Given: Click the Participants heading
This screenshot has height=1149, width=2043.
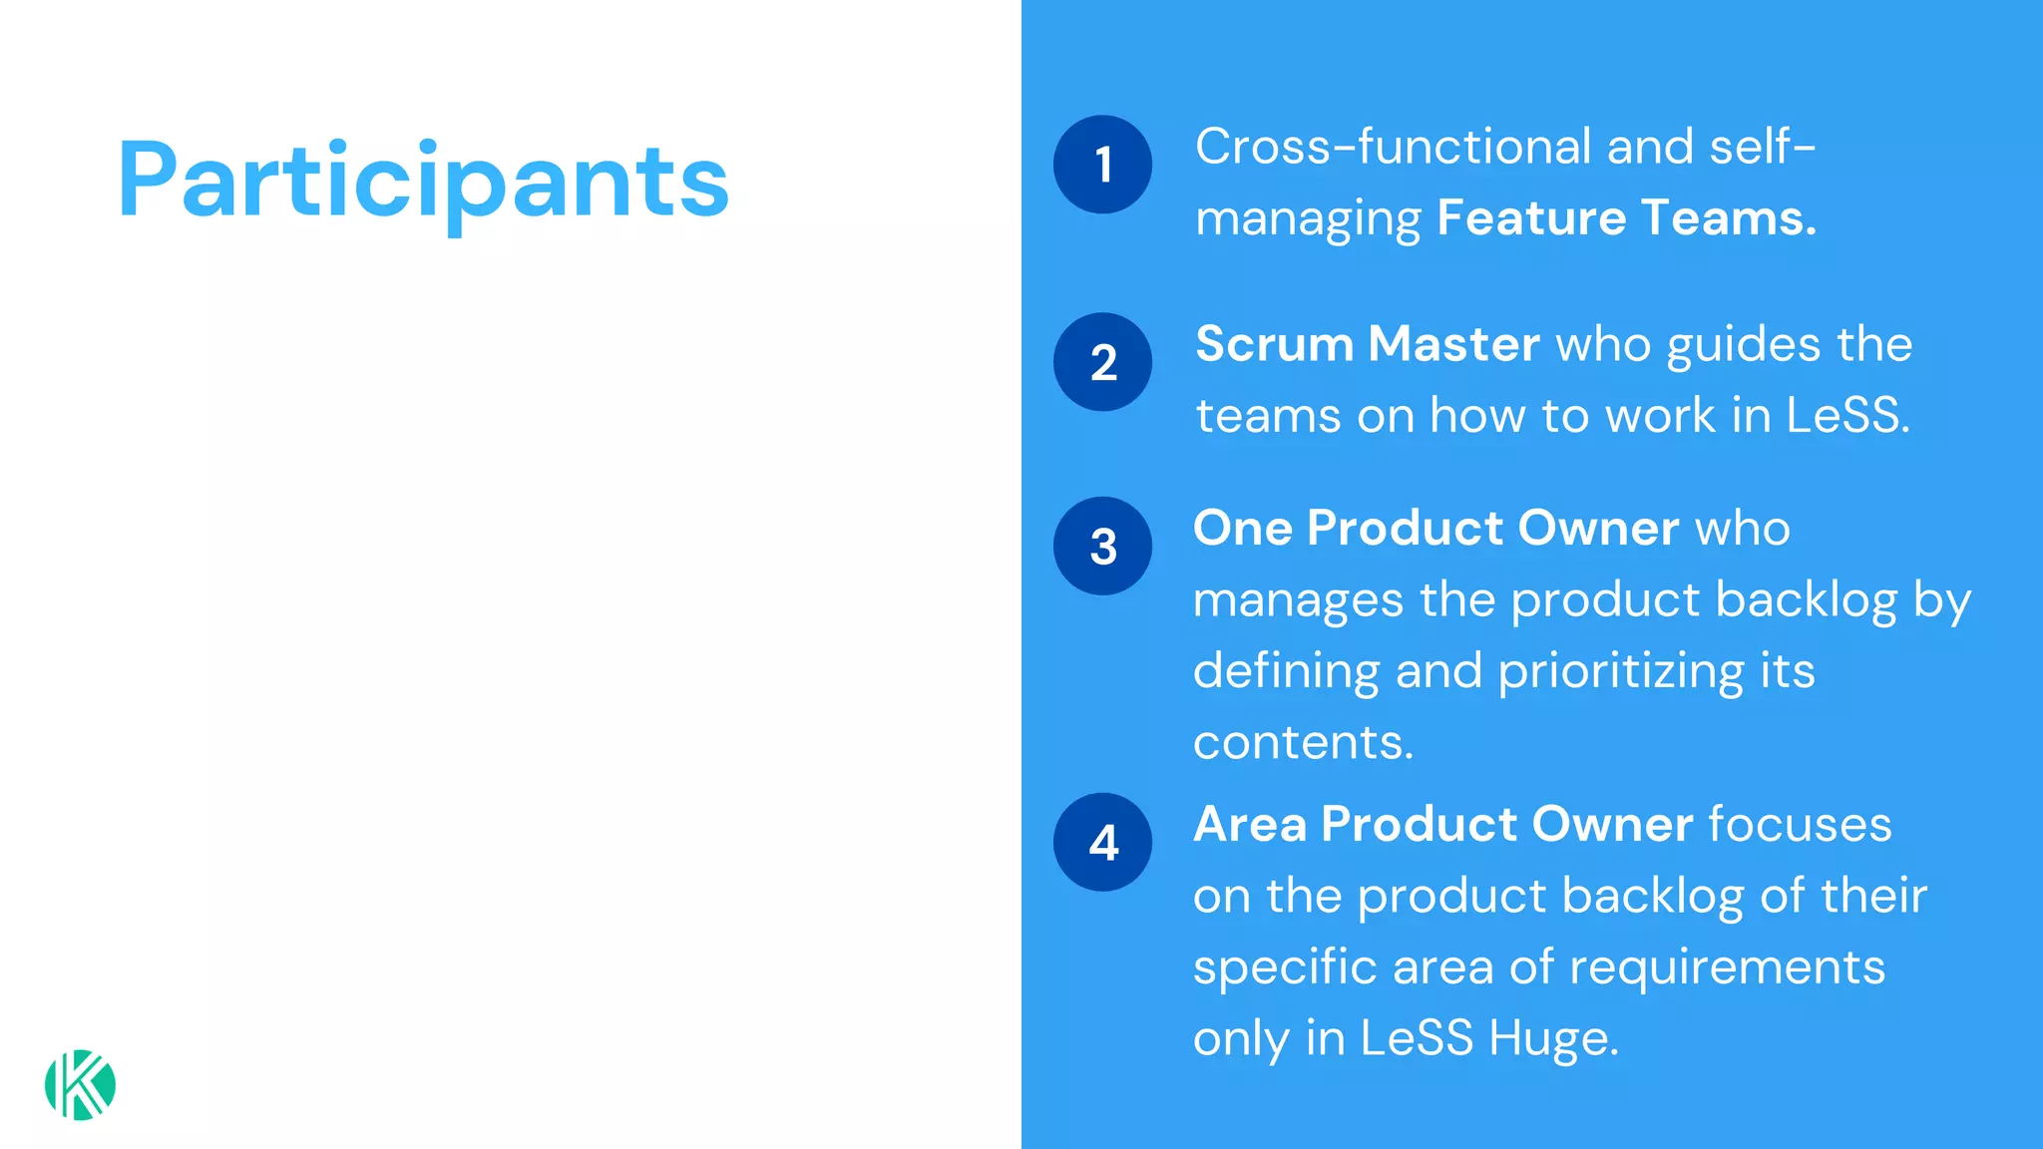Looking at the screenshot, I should [423, 182].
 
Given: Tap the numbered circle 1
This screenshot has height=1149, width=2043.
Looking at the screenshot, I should [1102, 165].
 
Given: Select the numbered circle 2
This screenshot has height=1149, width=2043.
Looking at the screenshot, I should [1102, 362].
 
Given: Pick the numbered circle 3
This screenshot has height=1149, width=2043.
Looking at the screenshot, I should [1102, 547].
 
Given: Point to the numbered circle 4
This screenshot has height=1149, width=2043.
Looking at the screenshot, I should [1102, 843].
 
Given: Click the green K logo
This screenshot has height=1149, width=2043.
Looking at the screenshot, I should [80, 1085].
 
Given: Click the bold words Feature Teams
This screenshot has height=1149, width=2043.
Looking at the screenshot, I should [1626, 217].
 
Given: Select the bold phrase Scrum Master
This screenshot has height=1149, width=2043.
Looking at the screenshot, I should [1367, 344].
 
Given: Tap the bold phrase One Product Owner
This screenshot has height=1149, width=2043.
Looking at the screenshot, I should [1435, 528].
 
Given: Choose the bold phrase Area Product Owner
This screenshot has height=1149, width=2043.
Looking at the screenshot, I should [1442, 824].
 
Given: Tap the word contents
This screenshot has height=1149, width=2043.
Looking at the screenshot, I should [1303, 743].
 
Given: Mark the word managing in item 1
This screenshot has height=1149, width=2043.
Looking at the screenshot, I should [1308, 219].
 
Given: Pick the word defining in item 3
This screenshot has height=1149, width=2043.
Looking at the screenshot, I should [1286, 671].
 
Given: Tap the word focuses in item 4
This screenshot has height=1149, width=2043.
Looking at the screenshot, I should [1800, 825].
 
